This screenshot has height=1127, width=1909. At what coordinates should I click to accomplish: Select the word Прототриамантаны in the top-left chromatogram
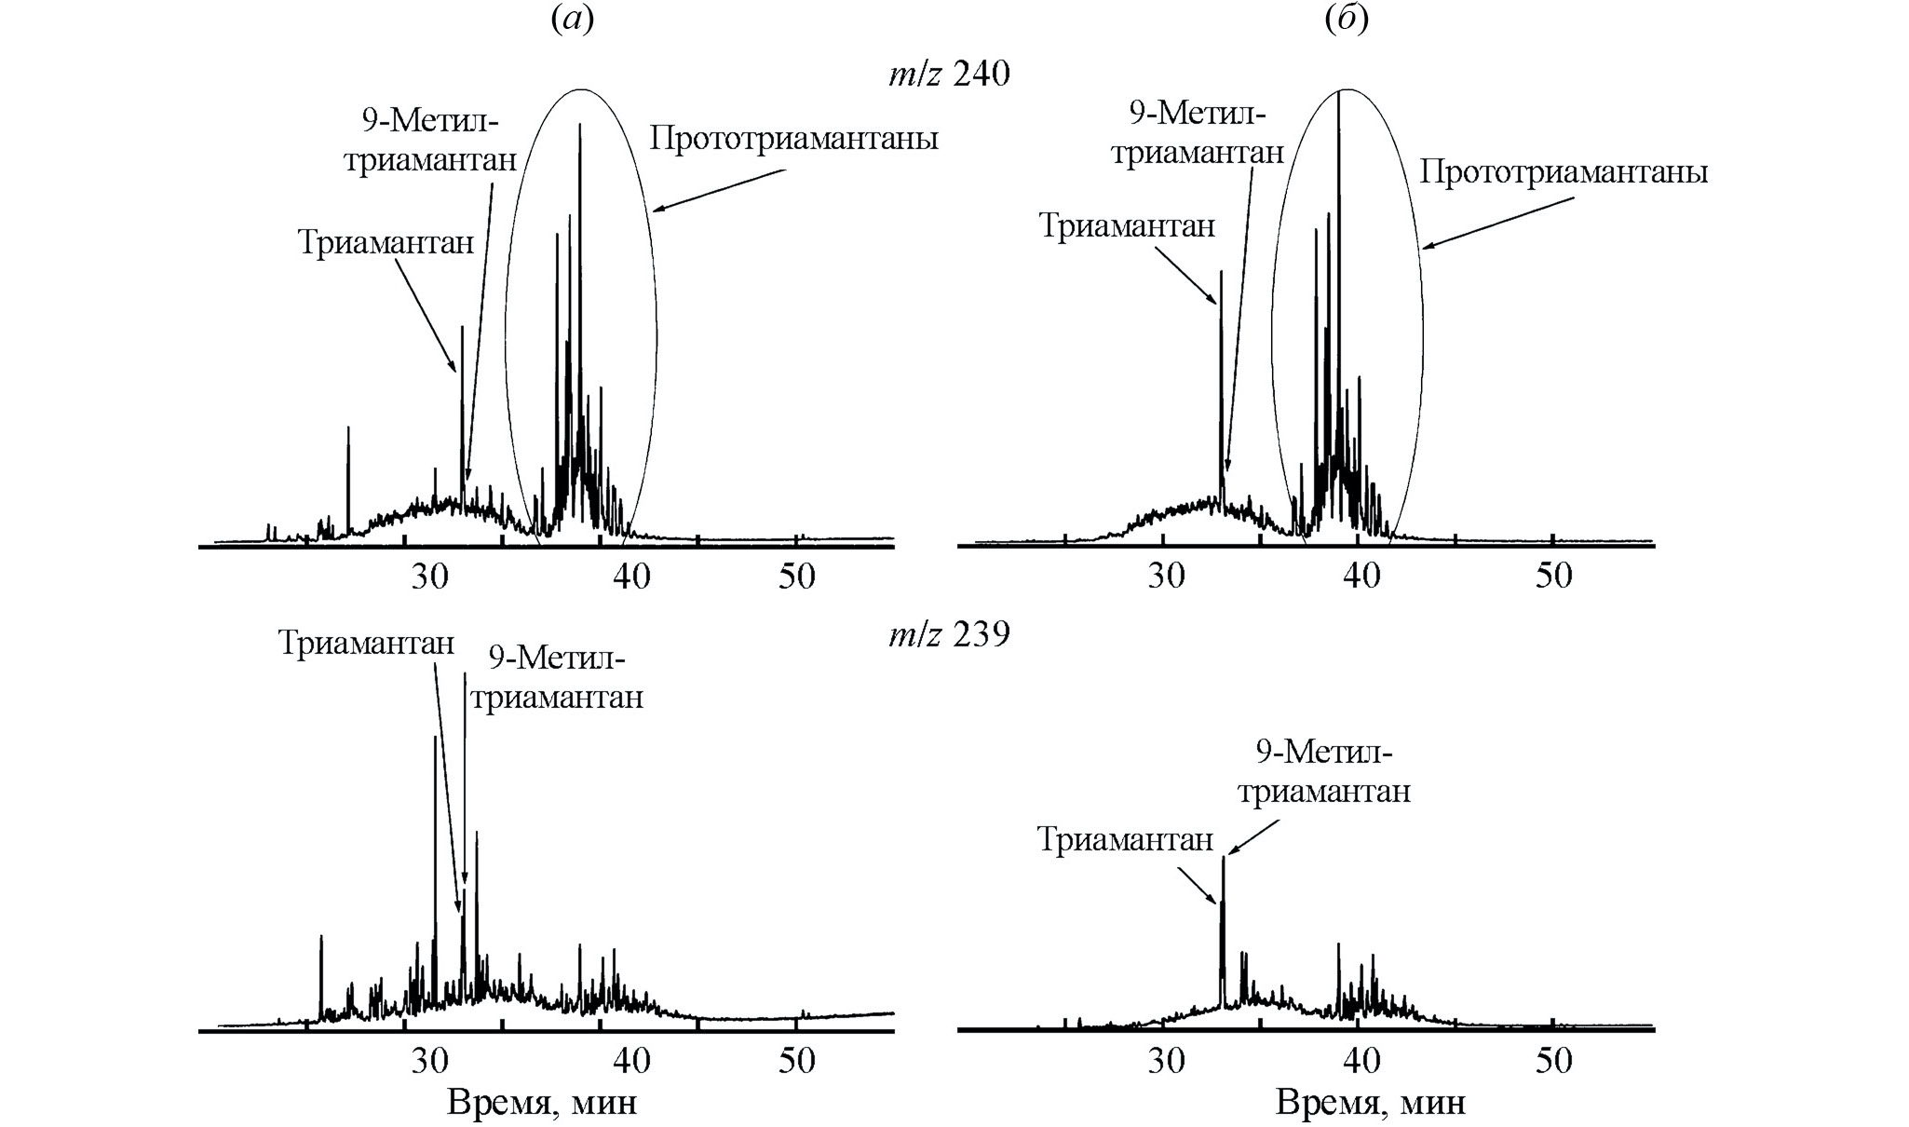tap(793, 140)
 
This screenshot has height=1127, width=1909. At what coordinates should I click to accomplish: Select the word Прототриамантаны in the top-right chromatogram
tap(1564, 173)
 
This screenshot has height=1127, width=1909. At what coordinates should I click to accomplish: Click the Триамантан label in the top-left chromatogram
tap(386, 243)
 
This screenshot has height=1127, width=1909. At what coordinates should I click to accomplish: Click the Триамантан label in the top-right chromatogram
tap(1127, 226)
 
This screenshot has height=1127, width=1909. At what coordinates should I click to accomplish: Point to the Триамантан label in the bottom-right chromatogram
tap(1126, 840)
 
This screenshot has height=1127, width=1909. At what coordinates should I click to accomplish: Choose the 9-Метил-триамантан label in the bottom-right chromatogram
tap(1324, 770)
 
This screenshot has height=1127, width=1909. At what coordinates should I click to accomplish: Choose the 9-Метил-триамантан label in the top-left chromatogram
tap(430, 140)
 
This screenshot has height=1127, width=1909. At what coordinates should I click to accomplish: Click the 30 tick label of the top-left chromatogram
tap(430, 577)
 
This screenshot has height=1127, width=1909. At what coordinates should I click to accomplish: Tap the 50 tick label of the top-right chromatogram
tap(1553, 577)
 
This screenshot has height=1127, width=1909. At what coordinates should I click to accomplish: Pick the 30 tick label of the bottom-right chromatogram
tap(1166, 1061)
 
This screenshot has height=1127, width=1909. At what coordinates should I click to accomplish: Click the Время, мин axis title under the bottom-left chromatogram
tap(543, 1103)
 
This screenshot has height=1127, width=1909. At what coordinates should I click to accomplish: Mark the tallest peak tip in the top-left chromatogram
tap(580, 124)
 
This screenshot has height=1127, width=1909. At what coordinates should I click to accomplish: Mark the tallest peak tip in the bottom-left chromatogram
tap(435, 737)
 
